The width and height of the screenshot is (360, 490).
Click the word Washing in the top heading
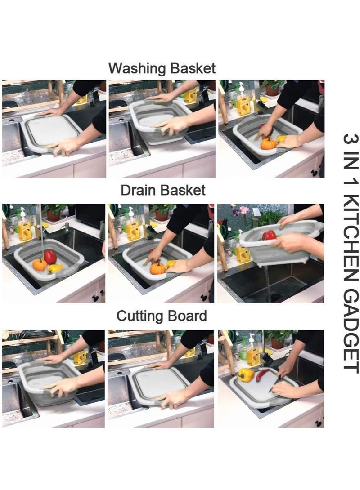point(135,69)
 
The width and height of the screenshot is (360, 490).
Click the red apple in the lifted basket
point(269,235)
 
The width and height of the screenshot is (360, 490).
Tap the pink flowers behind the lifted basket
point(244,210)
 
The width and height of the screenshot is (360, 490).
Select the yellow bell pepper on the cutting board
point(246,374)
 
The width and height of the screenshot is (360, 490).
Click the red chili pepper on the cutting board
point(262,375)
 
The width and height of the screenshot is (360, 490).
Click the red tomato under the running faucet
point(50,257)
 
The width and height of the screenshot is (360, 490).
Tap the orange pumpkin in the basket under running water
point(40,265)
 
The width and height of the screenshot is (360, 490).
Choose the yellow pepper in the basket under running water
point(55,268)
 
